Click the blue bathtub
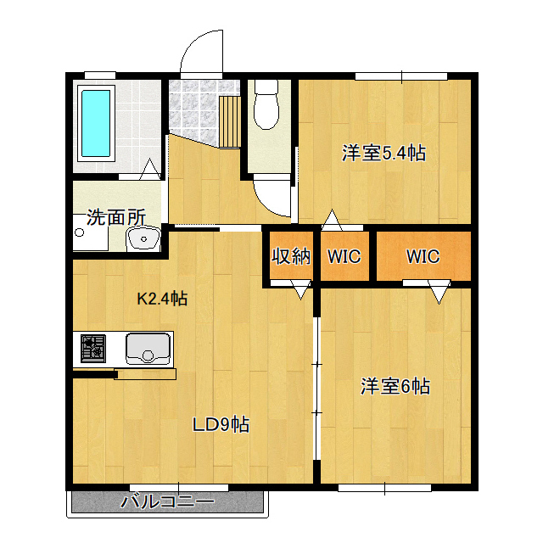(x=96, y=123)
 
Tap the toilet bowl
(x=266, y=104)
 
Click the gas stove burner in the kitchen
(x=93, y=349)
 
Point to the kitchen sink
(x=148, y=349)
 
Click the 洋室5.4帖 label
(x=383, y=153)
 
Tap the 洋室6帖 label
(x=395, y=386)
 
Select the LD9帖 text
(x=221, y=424)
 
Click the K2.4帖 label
(x=162, y=298)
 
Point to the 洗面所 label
(x=116, y=217)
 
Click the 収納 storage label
(x=291, y=256)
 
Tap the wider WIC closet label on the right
(x=423, y=256)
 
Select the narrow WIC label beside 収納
(x=344, y=256)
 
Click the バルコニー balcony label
(x=168, y=501)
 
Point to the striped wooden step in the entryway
(x=230, y=122)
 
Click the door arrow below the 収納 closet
(x=300, y=289)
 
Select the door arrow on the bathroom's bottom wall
(x=150, y=168)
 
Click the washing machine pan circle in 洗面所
(x=79, y=232)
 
